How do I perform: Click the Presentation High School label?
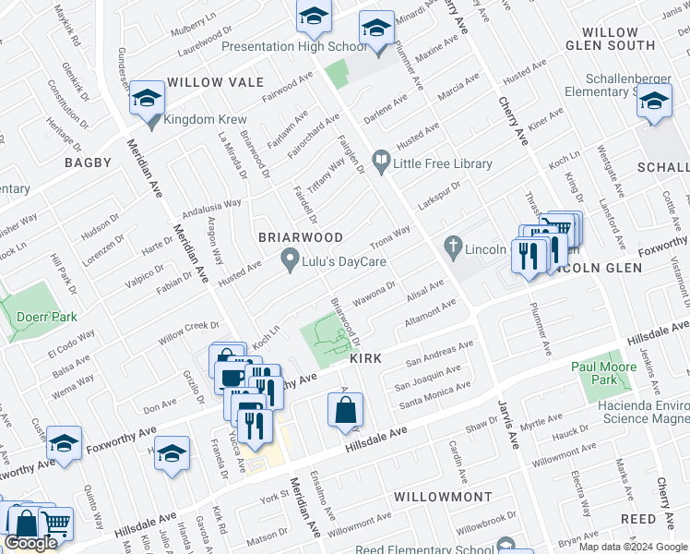[x=294, y=46]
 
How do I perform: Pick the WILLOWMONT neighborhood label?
[x=442, y=497]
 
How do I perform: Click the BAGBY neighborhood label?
[x=88, y=163]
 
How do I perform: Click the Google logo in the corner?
[x=31, y=543]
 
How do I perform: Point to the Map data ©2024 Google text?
[x=632, y=547]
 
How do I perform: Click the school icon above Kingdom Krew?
[x=147, y=97]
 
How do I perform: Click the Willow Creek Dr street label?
[x=188, y=332]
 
